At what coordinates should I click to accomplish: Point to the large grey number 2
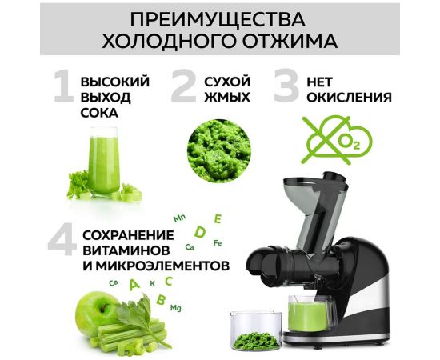184,90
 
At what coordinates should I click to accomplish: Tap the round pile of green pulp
218,146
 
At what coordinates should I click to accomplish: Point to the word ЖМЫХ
225,98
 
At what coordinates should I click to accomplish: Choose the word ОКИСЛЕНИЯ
355,98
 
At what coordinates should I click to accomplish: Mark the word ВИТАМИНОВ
122,250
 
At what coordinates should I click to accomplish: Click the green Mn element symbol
180,218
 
